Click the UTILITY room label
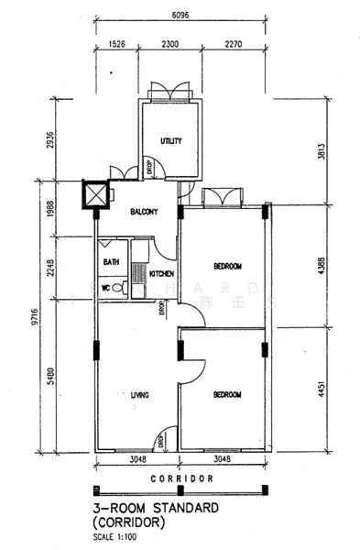171,141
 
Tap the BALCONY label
143,212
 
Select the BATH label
111,262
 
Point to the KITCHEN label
162,274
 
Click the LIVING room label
139,395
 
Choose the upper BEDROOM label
227,267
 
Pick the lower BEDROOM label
227,395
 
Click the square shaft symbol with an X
94,195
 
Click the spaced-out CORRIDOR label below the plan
180,478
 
